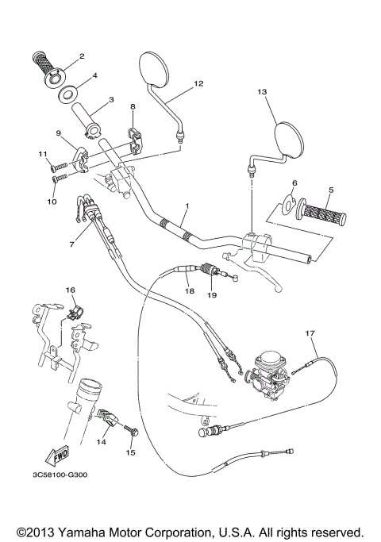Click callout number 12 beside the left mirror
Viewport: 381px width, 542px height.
tap(198, 83)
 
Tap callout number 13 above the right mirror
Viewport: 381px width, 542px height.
tap(263, 91)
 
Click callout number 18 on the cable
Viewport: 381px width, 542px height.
tap(189, 291)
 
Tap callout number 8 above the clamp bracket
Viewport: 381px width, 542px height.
tap(133, 106)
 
